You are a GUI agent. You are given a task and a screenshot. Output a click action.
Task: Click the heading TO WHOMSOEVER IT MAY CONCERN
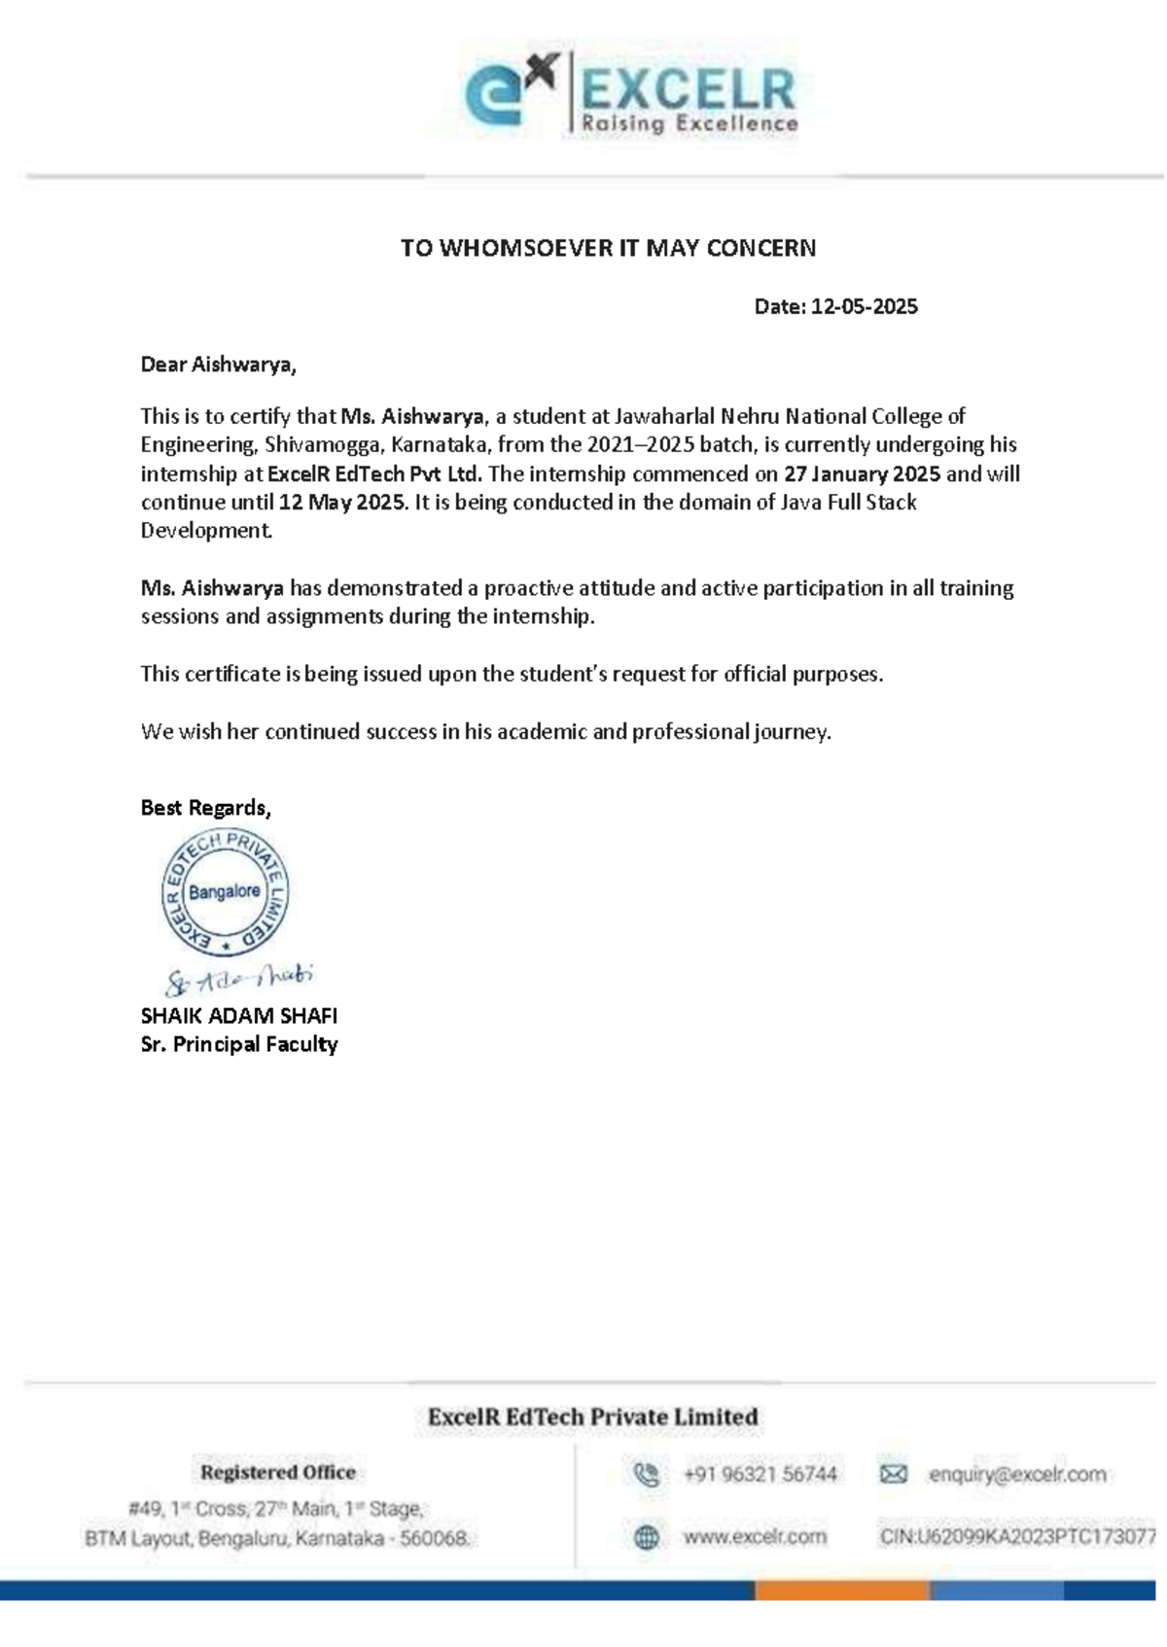[608, 248]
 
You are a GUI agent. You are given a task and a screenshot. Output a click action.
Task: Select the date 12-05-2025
[864, 307]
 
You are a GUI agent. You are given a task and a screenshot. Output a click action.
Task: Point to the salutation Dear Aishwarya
[218, 365]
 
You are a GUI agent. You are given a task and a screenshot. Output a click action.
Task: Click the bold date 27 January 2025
[862, 474]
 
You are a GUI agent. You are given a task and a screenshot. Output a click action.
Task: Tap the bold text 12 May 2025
[341, 503]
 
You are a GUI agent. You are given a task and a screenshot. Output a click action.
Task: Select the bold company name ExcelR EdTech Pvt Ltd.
[374, 474]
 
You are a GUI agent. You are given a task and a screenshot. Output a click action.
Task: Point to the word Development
[205, 531]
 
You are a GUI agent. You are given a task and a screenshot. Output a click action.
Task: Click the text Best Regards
[205, 808]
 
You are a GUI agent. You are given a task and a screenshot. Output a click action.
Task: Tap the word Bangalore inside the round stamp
[225, 892]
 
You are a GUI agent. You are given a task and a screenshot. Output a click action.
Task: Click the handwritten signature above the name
[238, 979]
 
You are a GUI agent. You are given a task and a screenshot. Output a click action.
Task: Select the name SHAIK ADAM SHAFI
[238, 1016]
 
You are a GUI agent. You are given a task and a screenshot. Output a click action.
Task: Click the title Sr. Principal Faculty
[238, 1044]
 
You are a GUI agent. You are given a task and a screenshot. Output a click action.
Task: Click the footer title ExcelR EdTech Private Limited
[592, 1418]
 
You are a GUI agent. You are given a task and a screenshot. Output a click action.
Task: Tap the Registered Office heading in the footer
[277, 1472]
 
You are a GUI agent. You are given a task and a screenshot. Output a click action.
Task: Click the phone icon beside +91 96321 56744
[647, 1475]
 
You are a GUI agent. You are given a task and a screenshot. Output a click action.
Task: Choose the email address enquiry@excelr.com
[1017, 1475]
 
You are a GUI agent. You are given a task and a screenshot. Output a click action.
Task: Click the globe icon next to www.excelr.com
[647, 1537]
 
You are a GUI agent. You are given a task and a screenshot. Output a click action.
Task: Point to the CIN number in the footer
[1017, 1537]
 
